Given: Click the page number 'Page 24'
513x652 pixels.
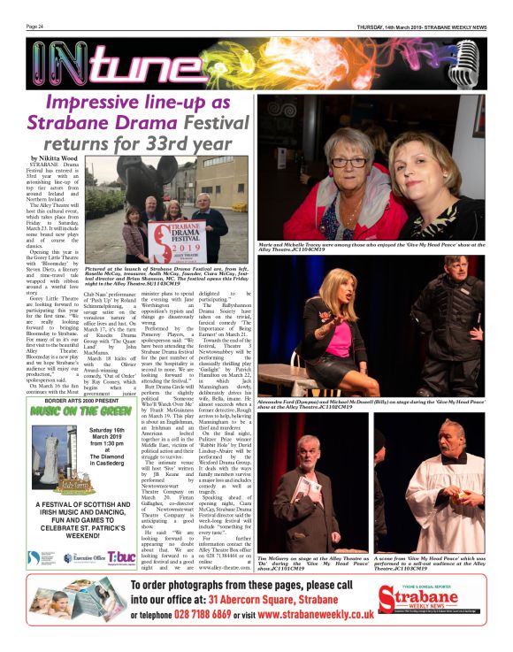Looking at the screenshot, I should click(35, 27).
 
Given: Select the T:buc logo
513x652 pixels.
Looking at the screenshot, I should click(121, 558).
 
